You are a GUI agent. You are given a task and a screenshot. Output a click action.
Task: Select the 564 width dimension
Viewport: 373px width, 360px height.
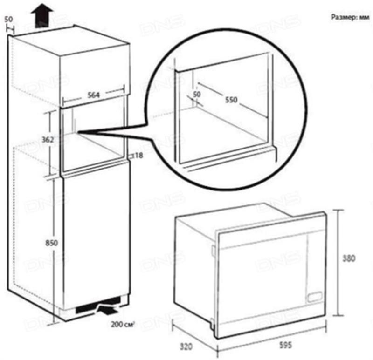pyautogui.click(x=95, y=94)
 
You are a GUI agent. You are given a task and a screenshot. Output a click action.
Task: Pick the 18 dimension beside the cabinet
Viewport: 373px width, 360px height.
pyautogui.click(x=138, y=156)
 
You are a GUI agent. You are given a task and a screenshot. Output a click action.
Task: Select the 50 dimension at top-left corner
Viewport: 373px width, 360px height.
pyautogui.click(x=8, y=20)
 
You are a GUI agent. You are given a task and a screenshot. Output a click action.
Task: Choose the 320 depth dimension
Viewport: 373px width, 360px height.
pyautogui.click(x=186, y=346)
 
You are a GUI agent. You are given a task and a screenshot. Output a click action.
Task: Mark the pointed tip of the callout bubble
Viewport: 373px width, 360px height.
pyautogui.click(x=78, y=133)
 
